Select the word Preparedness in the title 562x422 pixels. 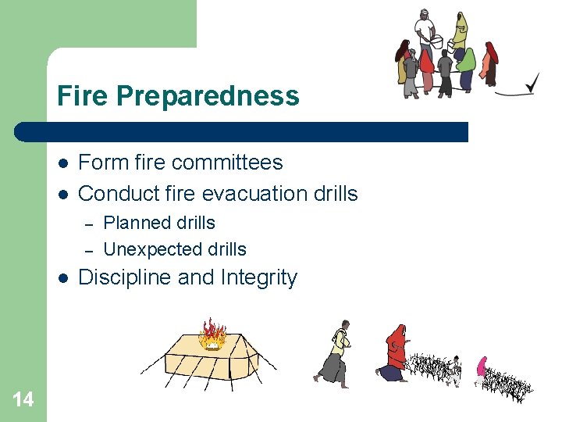tap(208, 96)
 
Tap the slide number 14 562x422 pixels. tap(23, 400)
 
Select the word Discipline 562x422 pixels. tap(127, 278)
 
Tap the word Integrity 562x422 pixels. tap(259, 278)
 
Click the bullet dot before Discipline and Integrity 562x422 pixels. tap(62, 278)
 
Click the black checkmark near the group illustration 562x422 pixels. tap(530, 83)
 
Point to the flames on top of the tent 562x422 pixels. tap(212, 333)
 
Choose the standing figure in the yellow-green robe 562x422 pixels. tap(461, 31)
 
